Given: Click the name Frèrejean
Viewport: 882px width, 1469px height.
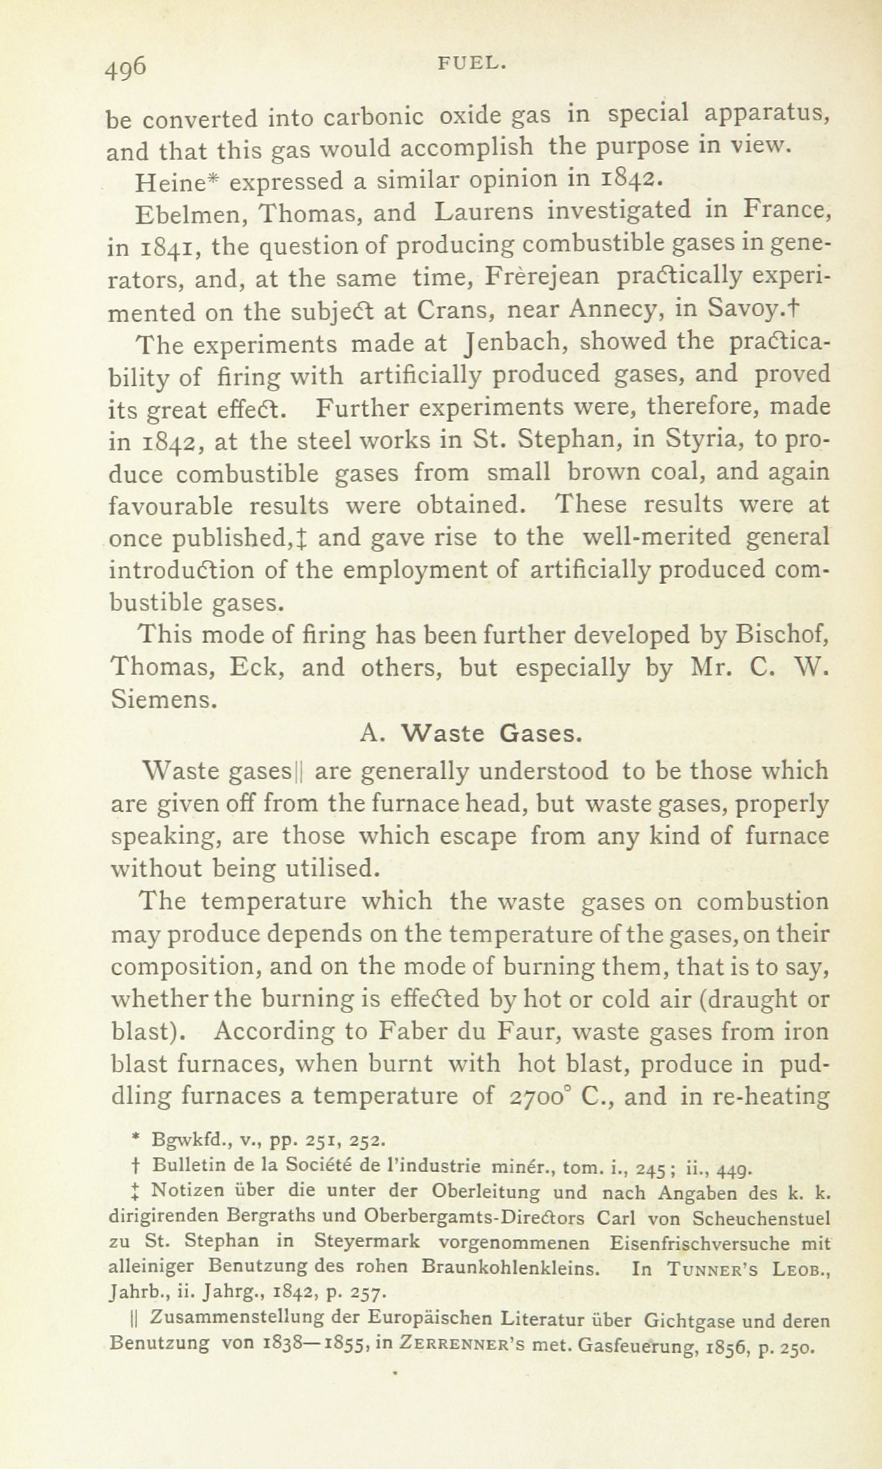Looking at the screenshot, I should point(541,277).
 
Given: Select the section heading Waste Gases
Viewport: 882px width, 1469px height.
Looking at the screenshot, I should point(491,734).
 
